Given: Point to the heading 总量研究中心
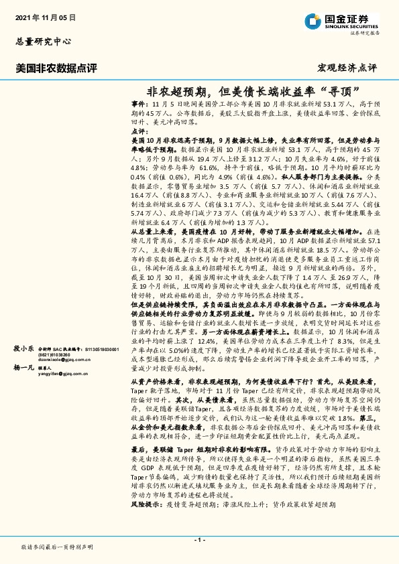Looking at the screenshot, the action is tap(43, 41).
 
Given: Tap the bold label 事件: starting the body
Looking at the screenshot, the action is tap(138, 106).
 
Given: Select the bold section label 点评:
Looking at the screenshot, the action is tap(138, 133).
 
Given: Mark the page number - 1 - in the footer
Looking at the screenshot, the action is tap(199, 540).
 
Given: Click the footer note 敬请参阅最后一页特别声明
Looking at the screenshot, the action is tap(57, 547).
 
